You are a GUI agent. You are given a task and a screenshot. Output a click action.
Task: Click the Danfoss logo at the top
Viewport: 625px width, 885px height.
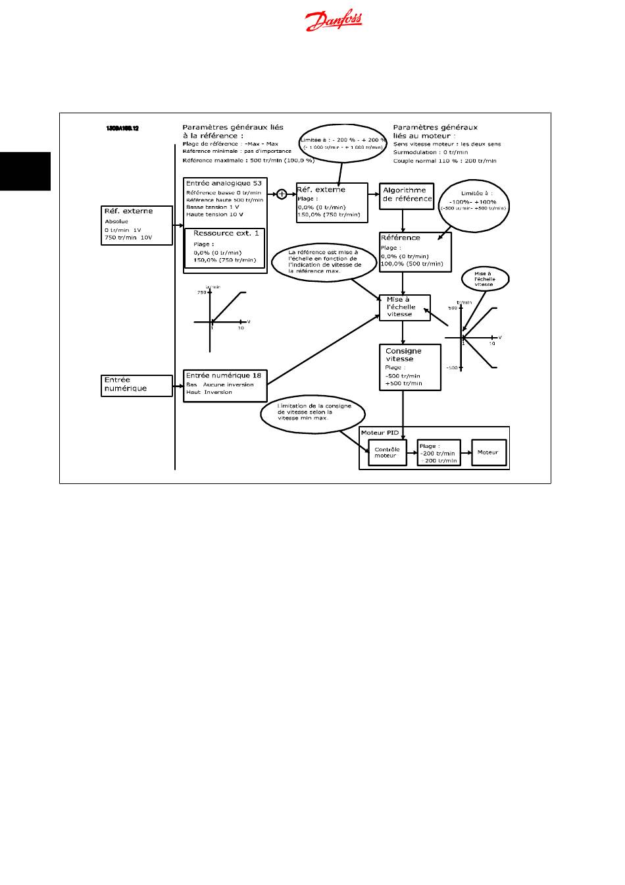pyautogui.click(x=334, y=22)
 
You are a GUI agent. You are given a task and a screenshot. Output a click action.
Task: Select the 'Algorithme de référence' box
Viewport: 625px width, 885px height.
pyautogui.click(x=407, y=196)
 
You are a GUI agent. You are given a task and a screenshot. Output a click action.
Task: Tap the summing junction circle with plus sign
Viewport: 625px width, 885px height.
pyautogui.click(x=282, y=194)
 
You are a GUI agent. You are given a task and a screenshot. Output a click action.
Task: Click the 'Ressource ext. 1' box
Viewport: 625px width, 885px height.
pyautogui.click(x=225, y=247)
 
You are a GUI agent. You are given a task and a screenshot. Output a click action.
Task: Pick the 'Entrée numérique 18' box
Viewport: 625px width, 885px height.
pyautogui.click(x=225, y=386)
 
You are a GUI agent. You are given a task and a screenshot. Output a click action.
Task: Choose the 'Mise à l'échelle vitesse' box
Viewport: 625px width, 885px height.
pyautogui.click(x=405, y=308)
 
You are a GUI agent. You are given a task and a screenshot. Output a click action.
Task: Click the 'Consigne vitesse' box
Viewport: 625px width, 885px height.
pyautogui.click(x=403, y=367)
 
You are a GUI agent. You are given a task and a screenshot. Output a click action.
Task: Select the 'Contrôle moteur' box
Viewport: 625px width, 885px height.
pyautogui.click(x=387, y=453)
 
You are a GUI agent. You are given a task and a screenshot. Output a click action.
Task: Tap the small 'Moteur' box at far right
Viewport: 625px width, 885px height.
pyautogui.click(x=488, y=452)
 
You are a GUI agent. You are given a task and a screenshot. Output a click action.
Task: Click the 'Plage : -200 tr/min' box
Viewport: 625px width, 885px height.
pyautogui.click(x=439, y=453)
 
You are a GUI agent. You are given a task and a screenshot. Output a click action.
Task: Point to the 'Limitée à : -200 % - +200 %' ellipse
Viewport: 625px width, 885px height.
pyautogui.click(x=343, y=143)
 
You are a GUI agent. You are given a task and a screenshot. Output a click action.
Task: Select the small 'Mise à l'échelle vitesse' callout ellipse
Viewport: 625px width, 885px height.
pyautogui.click(x=484, y=279)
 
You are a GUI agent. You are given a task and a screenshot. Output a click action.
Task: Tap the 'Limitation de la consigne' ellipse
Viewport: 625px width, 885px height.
pyautogui.click(x=314, y=414)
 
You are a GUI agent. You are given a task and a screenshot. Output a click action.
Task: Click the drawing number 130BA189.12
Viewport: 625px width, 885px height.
pyautogui.click(x=122, y=128)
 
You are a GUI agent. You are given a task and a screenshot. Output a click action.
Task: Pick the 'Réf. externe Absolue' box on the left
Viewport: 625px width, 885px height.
pyautogui.click(x=136, y=225)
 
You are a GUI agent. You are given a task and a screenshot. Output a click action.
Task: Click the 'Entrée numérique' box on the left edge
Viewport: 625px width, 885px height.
pyautogui.click(x=136, y=385)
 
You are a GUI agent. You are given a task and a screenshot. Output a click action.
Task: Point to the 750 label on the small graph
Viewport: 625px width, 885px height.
pyautogui.click(x=201, y=292)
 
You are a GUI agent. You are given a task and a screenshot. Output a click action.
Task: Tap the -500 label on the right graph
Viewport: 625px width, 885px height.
pyautogui.click(x=453, y=367)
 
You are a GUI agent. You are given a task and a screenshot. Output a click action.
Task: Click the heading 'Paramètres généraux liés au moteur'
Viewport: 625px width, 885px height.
pyautogui.click(x=435, y=131)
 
